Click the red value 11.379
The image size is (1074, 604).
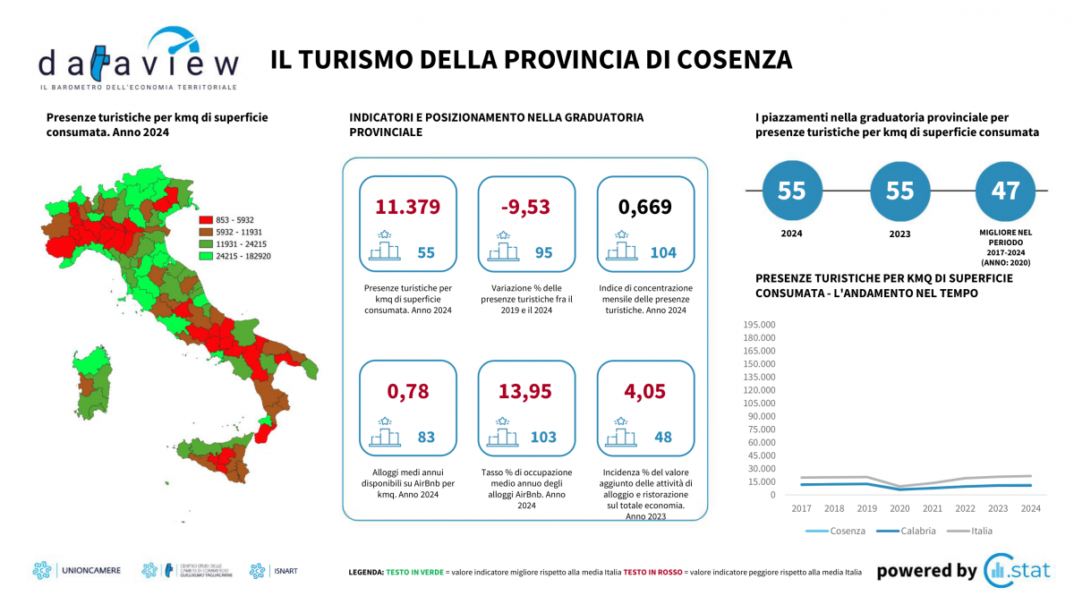pyautogui.click(x=408, y=207)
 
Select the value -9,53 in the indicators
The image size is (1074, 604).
pyautogui.click(x=527, y=207)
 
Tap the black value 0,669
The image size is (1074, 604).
pyautogui.click(x=645, y=207)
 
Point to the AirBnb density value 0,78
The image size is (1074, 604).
pyautogui.click(x=408, y=391)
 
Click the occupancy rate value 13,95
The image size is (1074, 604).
pyautogui.click(x=527, y=391)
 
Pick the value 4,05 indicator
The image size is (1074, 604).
pyautogui.click(x=645, y=391)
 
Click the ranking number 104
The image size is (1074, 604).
pyautogui.click(x=663, y=253)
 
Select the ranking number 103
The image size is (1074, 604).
pyautogui.click(x=542, y=438)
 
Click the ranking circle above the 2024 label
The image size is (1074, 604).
pyautogui.click(x=791, y=191)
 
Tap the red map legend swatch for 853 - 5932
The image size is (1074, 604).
pyautogui.click(x=205, y=219)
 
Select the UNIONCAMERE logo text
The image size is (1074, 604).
pyautogui.click(x=90, y=570)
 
